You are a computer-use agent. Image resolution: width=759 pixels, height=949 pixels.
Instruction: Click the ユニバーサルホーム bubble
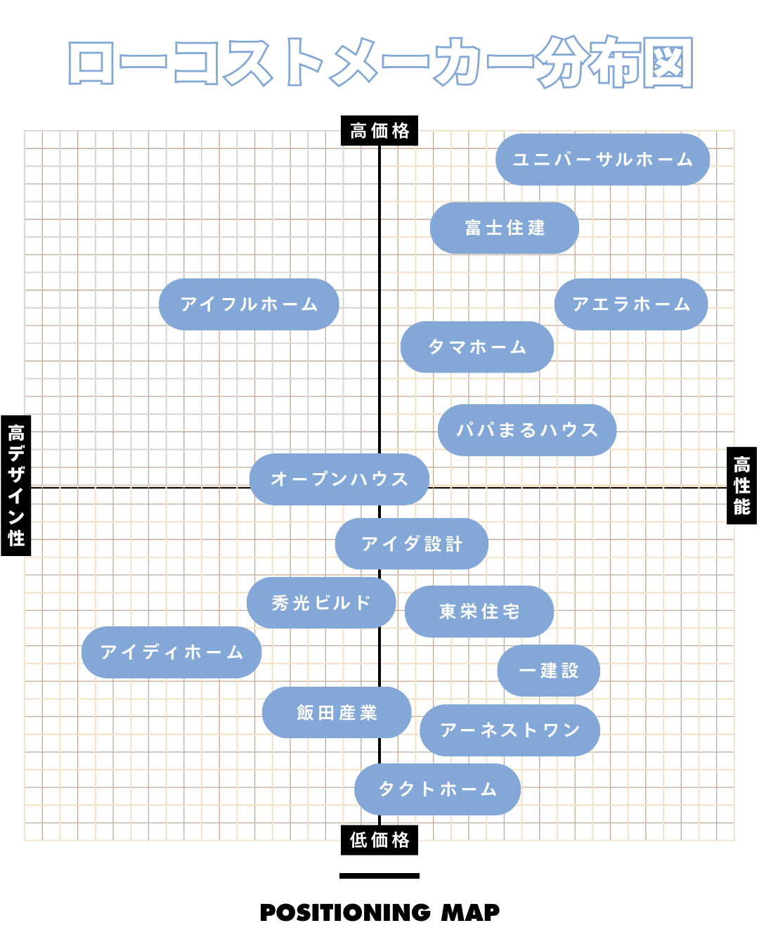[x=602, y=160]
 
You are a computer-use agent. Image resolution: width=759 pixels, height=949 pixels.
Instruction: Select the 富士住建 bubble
[x=505, y=228]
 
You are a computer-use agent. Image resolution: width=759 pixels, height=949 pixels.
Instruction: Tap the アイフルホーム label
[x=249, y=304]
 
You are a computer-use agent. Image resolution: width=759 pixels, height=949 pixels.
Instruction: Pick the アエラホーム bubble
[x=631, y=304]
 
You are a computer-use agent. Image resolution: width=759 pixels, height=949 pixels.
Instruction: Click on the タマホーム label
[x=477, y=347]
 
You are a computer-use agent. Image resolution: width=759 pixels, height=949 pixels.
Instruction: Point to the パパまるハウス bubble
[x=527, y=430]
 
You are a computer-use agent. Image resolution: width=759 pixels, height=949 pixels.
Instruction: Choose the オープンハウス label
[x=339, y=479]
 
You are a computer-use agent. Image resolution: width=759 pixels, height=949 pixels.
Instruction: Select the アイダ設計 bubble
[x=412, y=544]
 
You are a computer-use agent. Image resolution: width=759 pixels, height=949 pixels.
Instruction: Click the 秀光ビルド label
[x=321, y=603]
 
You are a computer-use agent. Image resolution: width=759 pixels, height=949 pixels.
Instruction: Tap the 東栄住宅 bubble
[x=479, y=612]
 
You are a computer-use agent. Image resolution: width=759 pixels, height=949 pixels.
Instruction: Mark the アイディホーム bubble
[x=171, y=652]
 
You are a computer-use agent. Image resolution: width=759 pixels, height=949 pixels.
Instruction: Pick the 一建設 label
[x=549, y=671]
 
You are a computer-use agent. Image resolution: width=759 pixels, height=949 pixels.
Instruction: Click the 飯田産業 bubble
[x=337, y=713]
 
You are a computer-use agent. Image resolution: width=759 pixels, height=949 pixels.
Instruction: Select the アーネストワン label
[x=510, y=730]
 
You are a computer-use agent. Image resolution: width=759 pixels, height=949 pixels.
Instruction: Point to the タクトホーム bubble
[x=438, y=789]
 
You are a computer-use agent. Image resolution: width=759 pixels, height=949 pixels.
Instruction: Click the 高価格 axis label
[x=379, y=131]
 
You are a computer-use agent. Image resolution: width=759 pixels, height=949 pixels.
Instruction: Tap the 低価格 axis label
[x=379, y=840]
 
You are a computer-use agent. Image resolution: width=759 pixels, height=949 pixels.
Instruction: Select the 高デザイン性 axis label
[x=16, y=485]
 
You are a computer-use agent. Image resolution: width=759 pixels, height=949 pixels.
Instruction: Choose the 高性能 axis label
[x=741, y=485]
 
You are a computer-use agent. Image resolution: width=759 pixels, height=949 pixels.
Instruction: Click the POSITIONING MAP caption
[x=379, y=912]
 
